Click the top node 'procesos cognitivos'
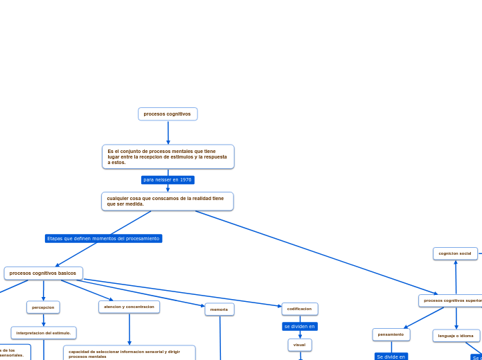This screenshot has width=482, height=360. pyautogui.click(x=168, y=114)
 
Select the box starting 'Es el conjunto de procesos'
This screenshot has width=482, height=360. pyautogui.click(x=168, y=156)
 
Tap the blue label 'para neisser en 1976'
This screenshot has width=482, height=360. pyautogui.click(x=168, y=180)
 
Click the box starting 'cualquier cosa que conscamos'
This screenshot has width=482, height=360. pyautogui.click(x=167, y=201)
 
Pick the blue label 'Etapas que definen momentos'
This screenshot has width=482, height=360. pyautogui.click(x=103, y=238)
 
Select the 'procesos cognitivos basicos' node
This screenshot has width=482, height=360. pyautogui.click(x=43, y=273)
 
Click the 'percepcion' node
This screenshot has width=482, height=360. pyautogui.click(x=43, y=307)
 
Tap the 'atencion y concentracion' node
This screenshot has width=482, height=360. pyautogui.click(x=129, y=307)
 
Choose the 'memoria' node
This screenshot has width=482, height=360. pyautogui.click(x=220, y=309)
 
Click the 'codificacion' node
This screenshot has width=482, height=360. pyautogui.click(x=300, y=309)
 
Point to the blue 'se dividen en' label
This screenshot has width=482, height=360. pyautogui.click(x=300, y=326)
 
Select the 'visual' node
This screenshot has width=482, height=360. pyautogui.click(x=300, y=345)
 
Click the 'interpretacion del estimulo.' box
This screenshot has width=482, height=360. pyautogui.click(x=44, y=333)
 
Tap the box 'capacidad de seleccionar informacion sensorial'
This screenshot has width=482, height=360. pyautogui.click(x=129, y=353)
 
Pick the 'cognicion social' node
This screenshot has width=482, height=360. pyautogui.click(x=455, y=253)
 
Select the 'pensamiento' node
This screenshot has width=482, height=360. pyautogui.click(x=391, y=334)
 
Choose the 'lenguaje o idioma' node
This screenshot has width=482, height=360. pyautogui.click(x=456, y=336)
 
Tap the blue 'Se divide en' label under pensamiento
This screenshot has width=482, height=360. pyautogui.click(x=391, y=357)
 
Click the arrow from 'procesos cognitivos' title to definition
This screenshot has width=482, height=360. pyautogui.click(x=168, y=132)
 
